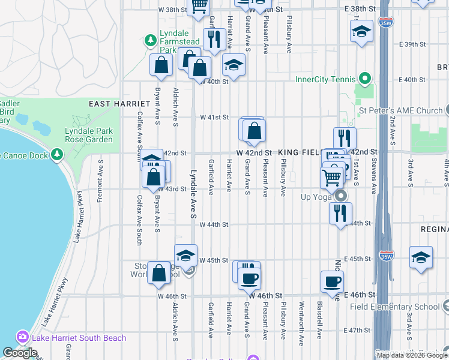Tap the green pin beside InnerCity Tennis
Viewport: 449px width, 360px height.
(x=364, y=79)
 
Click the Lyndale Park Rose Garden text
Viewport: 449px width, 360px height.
(x=90, y=135)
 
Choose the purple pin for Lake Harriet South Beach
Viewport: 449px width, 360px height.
(x=23, y=337)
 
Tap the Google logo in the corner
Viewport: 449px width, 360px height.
(x=20, y=353)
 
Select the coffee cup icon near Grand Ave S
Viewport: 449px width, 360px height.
(x=249, y=278)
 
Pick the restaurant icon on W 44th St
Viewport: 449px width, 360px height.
(x=340, y=214)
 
